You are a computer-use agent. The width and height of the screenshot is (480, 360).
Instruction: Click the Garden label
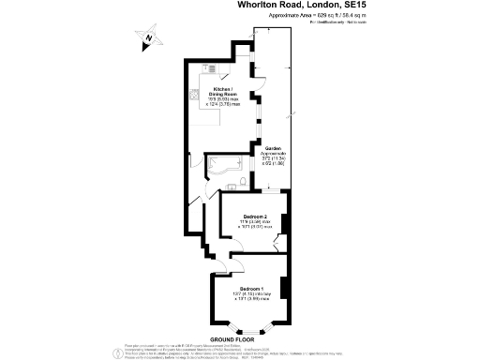tap(272, 148)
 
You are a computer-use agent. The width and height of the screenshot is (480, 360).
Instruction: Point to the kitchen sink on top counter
tap(212, 67)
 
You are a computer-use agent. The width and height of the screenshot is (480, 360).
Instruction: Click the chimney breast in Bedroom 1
tap(284, 291)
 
